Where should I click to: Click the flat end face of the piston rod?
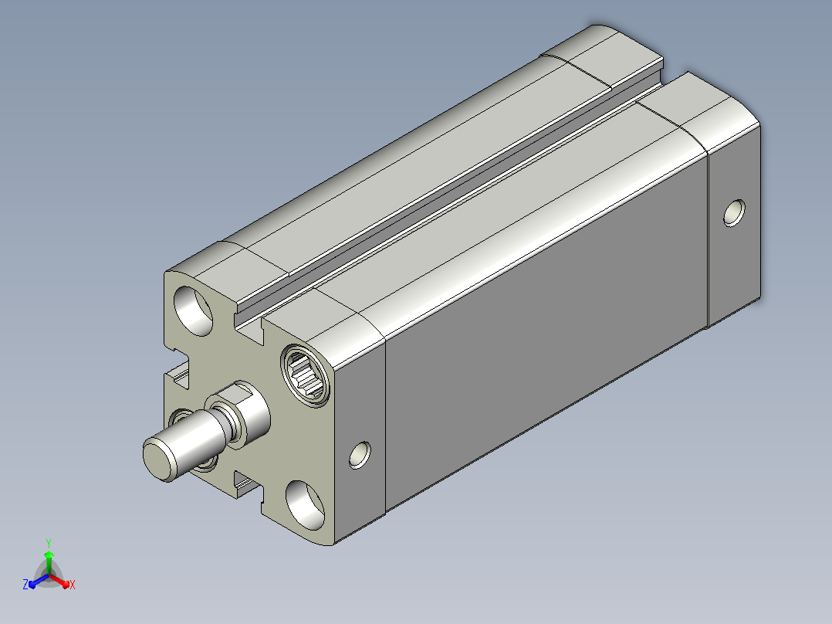point(158,460)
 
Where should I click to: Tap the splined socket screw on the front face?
point(306,375)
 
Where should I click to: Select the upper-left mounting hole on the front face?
point(193,311)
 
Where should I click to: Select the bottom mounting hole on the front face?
point(305,505)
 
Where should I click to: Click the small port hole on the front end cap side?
point(360,455)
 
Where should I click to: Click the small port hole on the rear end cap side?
point(735,213)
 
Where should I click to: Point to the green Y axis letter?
point(49,543)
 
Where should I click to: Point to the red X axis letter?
point(73,585)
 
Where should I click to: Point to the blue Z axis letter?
point(25,585)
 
